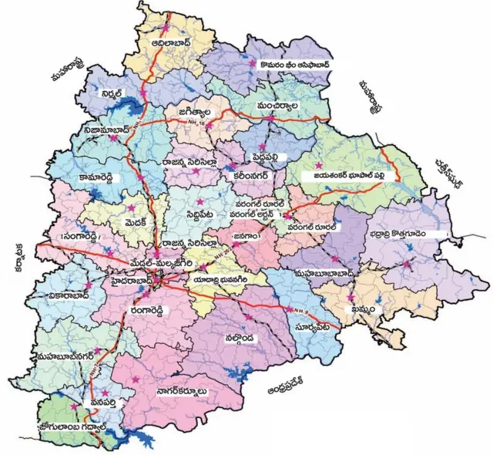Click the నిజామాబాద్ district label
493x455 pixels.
point(92,134)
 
